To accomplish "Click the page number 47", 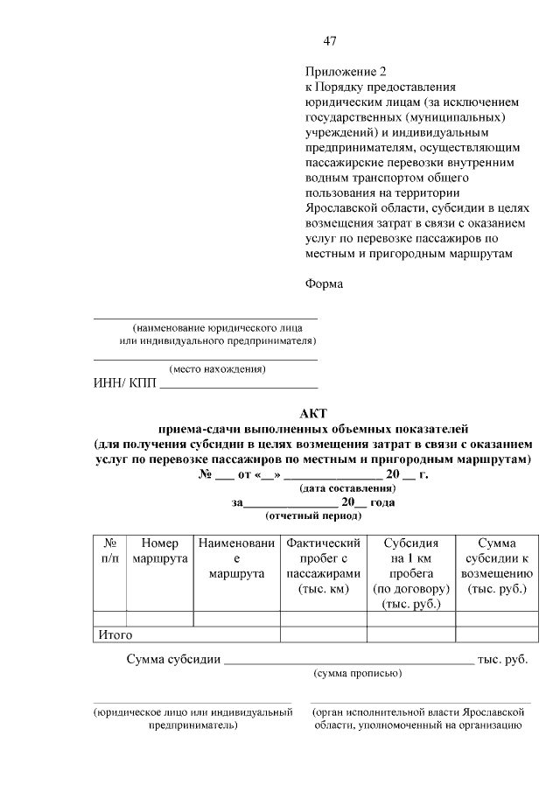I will pos(330,41).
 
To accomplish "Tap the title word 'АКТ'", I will pos(313,414).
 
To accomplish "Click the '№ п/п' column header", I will pos(110,551).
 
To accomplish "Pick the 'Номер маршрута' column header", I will pos(159,551).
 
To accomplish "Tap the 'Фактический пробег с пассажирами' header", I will pos(323,566).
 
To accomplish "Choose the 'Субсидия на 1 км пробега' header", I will pos(411,573).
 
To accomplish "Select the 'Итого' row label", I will pos(115,634).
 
